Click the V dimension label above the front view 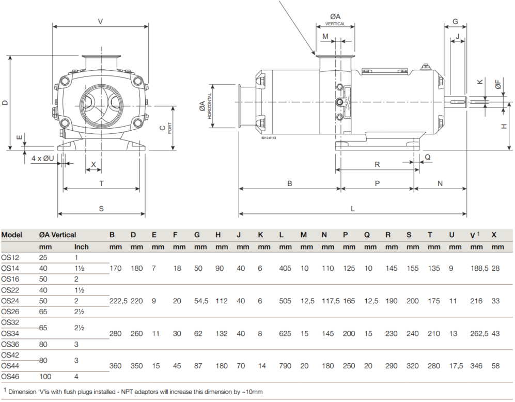point(101,22)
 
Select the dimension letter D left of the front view point(5,103)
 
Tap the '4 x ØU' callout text point(43,158)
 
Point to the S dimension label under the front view point(101,209)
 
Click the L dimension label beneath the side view point(352,209)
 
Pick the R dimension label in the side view point(377,164)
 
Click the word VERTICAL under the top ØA point(335,24)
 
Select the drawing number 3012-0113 point(268,138)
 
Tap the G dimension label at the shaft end point(455,22)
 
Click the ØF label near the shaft point(498,84)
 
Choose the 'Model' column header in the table point(11,235)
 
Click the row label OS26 point(10,312)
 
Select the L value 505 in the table point(285,301)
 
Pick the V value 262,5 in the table point(479,333)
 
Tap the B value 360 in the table point(115,365)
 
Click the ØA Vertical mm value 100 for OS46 point(45,376)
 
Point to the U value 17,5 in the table point(456,365)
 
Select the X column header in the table point(494,235)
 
